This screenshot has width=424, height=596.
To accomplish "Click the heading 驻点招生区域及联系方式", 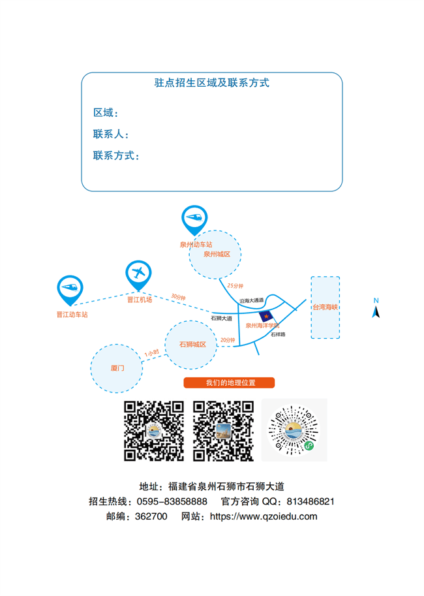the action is (x=211, y=82).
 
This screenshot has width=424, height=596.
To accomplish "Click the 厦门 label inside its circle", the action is (x=117, y=368).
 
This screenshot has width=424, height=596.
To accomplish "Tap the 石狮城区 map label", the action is (x=192, y=345).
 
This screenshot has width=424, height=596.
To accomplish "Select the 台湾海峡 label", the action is (x=326, y=307).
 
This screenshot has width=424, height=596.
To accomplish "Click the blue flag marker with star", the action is (x=266, y=316).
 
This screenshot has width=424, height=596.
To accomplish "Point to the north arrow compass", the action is (x=376, y=308).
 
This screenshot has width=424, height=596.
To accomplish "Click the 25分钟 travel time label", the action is (x=235, y=285).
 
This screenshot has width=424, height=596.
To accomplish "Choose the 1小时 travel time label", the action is (x=151, y=353).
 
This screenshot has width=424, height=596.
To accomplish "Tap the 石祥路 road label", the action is (x=278, y=334).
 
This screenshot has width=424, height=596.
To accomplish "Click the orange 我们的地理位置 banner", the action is (x=229, y=383).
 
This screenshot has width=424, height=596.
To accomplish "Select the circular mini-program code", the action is (x=294, y=430).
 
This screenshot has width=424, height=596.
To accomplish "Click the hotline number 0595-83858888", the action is (x=172, y=502).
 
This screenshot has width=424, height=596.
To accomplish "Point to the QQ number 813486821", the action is (x=310, y=502).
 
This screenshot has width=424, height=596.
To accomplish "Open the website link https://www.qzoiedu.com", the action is (x=264, y=516).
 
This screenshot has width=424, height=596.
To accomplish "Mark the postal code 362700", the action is (x=151, y=516).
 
